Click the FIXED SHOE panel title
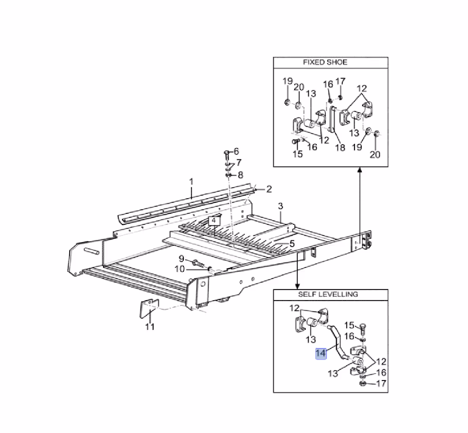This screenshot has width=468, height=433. pyautogui.click(x=325, y=62)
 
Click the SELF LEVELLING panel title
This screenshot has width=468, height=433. pyautogui.click(x=328, y=294)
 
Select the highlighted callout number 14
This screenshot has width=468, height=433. pyautogui.click(x=321, y=353)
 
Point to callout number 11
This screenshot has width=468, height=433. pyautogui.click(x=150, y=327)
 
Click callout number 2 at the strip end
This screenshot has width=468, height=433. pyautogui.click(x=269, y=190)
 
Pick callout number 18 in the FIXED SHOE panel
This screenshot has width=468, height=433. pyautogui.click(x=340, y=147)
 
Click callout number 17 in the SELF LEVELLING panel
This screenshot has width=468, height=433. pyautogui.click(x=381, y=383)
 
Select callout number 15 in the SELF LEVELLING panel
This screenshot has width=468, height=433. pyautogui.click(x=349, y=325)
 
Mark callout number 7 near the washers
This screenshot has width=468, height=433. pyautogui.click(x=239, y=163)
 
